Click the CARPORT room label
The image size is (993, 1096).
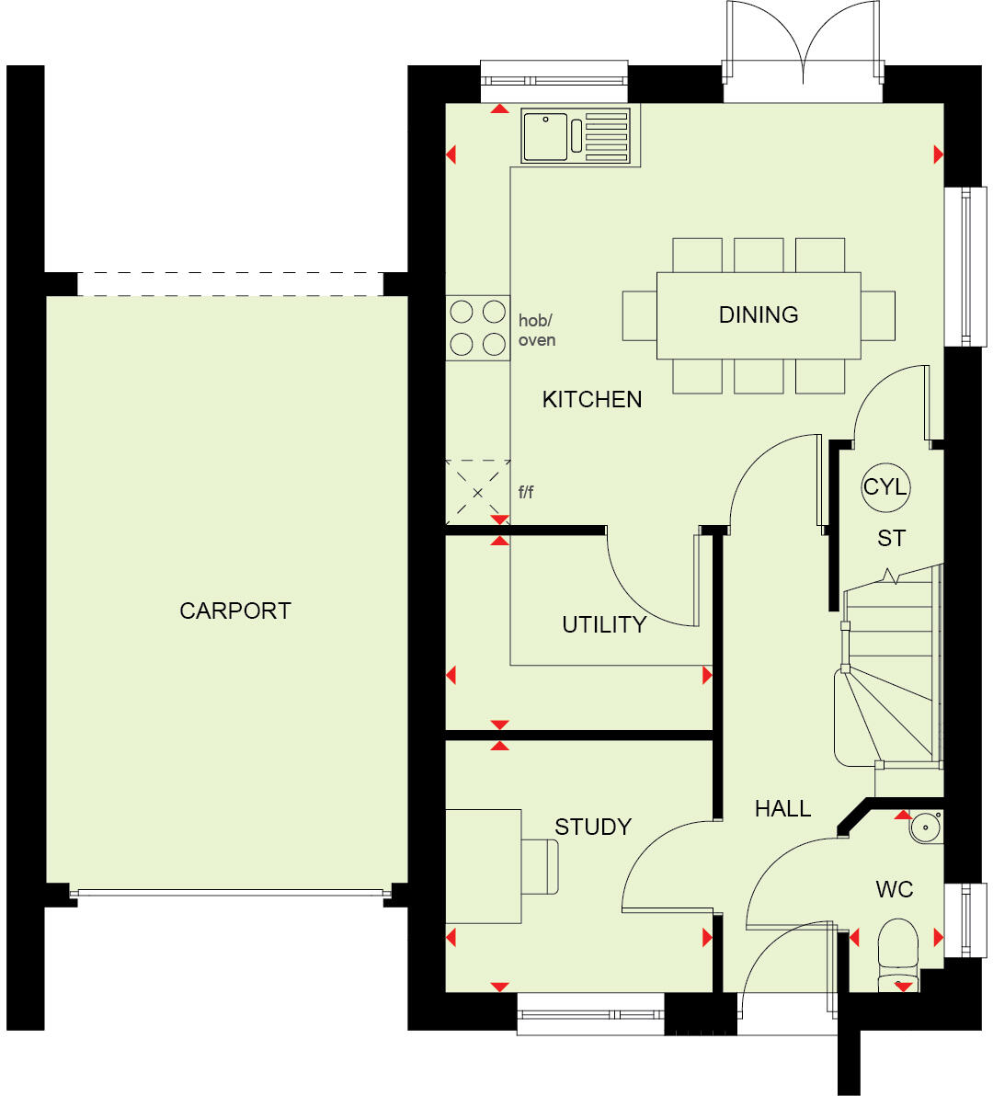(234, 611)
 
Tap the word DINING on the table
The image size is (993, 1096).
(759, 314)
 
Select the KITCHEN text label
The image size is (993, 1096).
(592, 399)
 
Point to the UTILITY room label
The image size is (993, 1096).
(604, 624)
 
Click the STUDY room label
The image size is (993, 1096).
(593, 827)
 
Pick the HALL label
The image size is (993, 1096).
(782, 808)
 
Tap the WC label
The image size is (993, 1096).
(894, 889)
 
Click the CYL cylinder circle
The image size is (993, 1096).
(885, 486)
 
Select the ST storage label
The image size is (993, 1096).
(891, 538)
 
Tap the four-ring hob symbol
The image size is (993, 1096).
(477, 327)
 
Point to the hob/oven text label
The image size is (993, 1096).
(537, 330)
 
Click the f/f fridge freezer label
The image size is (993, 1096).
(526, 492)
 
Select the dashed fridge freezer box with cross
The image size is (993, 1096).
(477, 493)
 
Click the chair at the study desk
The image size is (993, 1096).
(541, 866)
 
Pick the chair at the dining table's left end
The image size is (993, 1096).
(639, 315)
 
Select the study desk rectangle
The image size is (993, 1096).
(483, 866)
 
